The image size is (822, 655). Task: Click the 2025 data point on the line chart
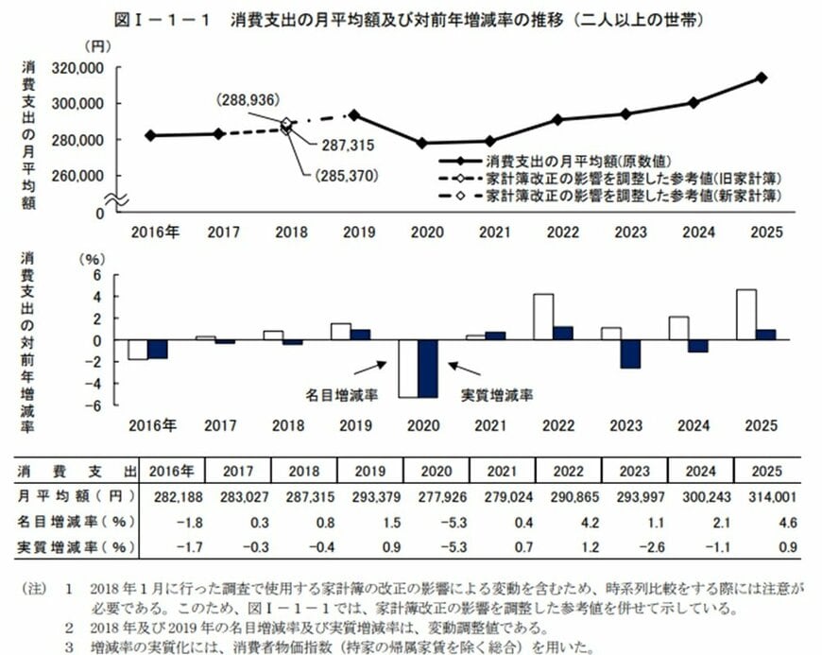click(x=762, y=78)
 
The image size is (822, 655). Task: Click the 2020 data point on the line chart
click(x=421, y=143)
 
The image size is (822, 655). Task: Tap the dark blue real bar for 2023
click(x=631, y=353)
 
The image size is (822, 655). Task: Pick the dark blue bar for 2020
click(x=427, y=369)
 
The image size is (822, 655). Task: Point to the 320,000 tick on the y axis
click(x=78, y=68)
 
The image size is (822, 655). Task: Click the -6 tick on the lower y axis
click(x=94, y=405)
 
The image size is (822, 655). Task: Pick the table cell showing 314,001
click(x=762, y=496)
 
